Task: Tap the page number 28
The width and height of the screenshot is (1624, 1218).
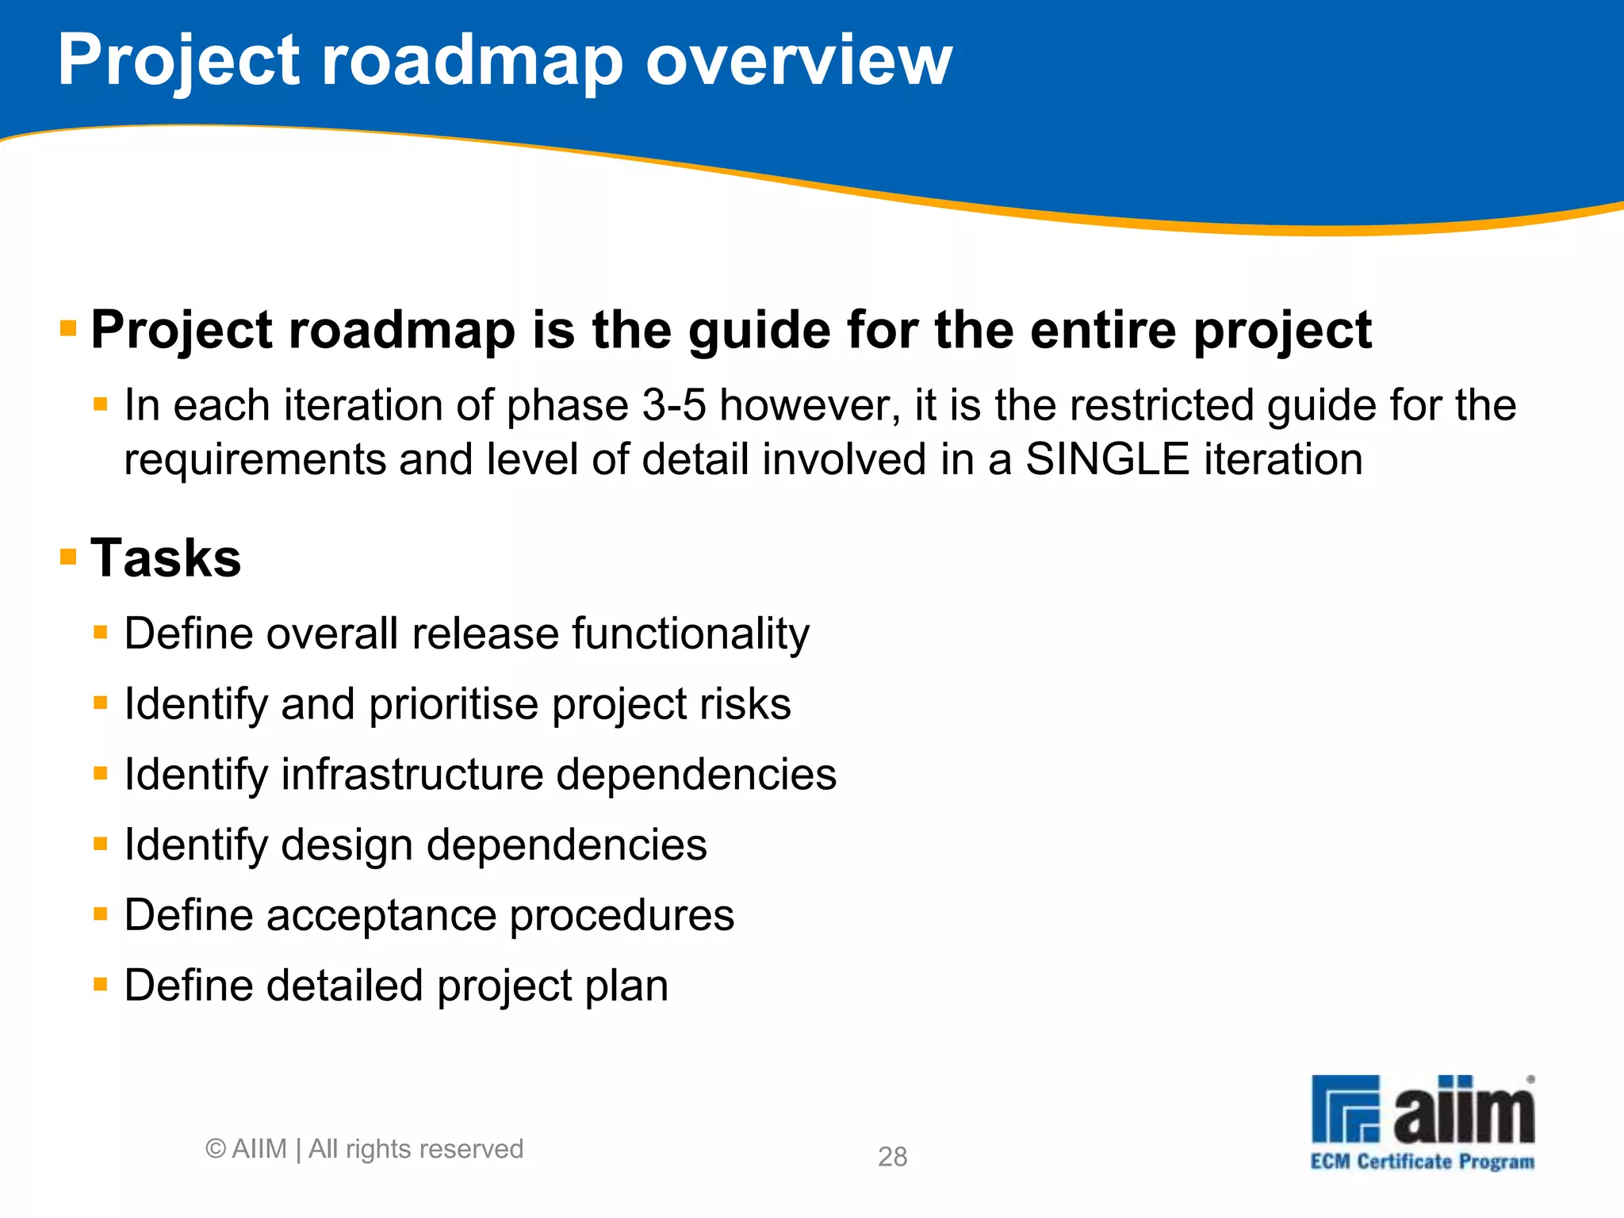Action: (892, 1156)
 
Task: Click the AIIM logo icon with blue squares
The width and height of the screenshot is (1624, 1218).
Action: (1346, 1109)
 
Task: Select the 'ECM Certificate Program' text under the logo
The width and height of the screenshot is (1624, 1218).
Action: (1422, 1162)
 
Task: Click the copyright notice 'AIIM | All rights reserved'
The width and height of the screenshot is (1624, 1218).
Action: (365, 1148)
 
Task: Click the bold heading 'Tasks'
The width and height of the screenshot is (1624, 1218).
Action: (166, 557)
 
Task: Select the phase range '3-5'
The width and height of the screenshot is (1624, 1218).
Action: (673, 405)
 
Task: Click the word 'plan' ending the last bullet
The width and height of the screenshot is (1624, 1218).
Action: (626, 986)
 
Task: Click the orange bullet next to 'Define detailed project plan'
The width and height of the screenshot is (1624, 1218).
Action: (100, 985)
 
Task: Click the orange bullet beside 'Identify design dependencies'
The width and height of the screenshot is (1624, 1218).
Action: (100, 844)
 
